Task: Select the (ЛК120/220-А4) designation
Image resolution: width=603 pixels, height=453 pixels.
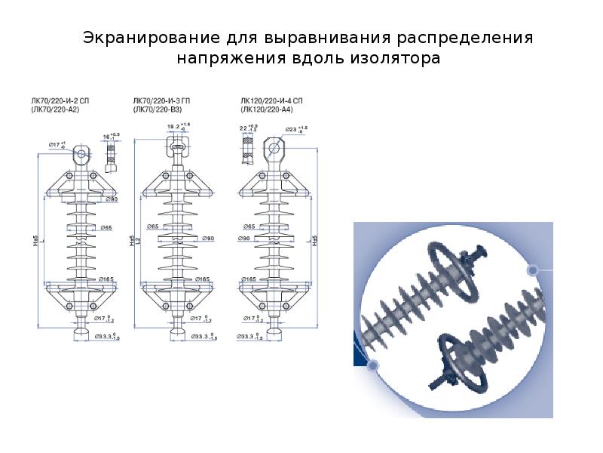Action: pos(268,109)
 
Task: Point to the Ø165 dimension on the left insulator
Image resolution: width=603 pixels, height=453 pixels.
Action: pos(106,280)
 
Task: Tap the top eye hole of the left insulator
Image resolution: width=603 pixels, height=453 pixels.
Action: pos(81,155)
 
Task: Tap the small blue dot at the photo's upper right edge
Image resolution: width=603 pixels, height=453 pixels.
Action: pos(532,270)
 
